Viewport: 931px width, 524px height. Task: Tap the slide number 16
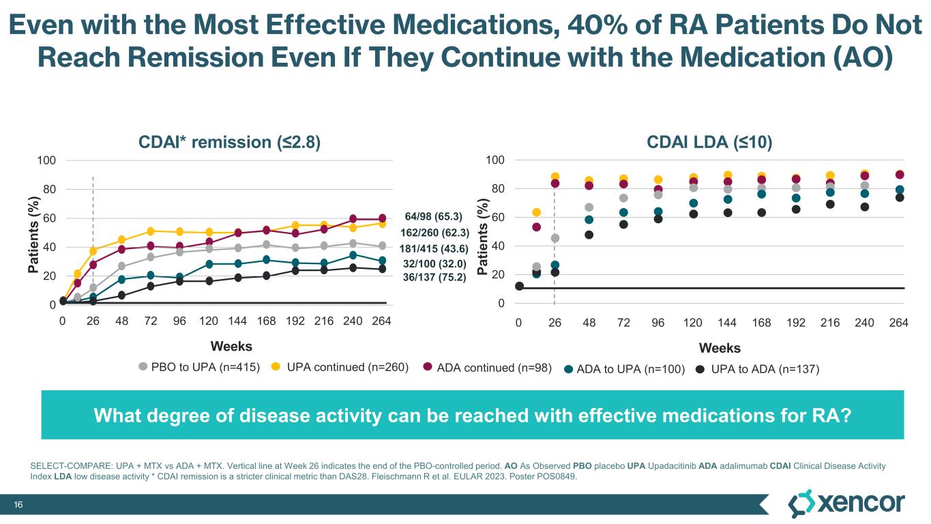(20, 504)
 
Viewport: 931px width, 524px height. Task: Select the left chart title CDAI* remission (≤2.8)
(229, 142)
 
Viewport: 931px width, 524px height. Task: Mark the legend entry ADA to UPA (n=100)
(630, 369)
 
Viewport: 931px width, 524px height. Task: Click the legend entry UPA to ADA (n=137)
(764, 369)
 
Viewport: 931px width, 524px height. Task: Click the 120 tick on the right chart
(694, 323)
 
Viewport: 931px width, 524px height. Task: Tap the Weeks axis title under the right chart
(720, 349)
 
